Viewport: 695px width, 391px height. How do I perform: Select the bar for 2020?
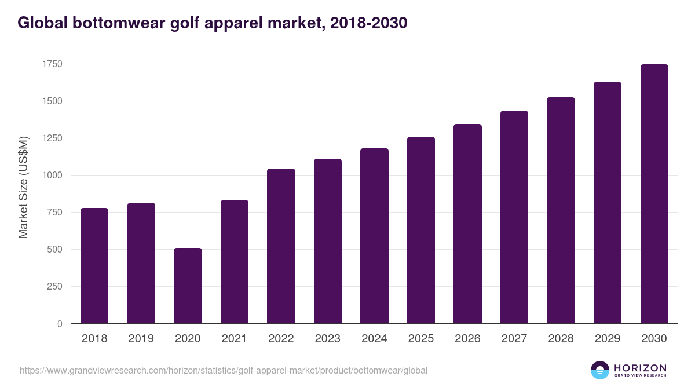click(188, 286)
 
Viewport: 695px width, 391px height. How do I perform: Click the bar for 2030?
click(654, 194)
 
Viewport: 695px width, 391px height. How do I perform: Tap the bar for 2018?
click(94, 266)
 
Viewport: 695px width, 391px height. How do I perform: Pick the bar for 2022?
click(281, 246)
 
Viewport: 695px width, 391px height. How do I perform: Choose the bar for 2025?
click(421, 230)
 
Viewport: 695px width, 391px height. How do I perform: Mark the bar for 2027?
click(514, 217)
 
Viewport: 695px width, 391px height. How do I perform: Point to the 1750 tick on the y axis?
click(52, 64)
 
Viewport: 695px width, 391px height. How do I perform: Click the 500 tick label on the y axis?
click(54, 249)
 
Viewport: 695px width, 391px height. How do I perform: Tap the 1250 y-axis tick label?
click(52, 138)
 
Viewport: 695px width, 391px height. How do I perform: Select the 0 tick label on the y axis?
click(60, 324)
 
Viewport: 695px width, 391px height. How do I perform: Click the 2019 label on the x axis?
click(141, 339)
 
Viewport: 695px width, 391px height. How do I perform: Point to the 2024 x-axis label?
click(374, 339)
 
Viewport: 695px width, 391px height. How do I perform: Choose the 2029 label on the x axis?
click(607, 339)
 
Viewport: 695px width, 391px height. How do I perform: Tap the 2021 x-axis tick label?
click(234, 339)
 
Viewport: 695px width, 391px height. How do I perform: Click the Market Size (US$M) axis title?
click(23, 187)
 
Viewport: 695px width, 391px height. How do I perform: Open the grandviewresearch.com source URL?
click(224, 370)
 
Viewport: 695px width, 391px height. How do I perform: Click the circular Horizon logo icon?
click(600, 370)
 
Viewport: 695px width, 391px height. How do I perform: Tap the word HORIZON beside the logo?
click(640, 368)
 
